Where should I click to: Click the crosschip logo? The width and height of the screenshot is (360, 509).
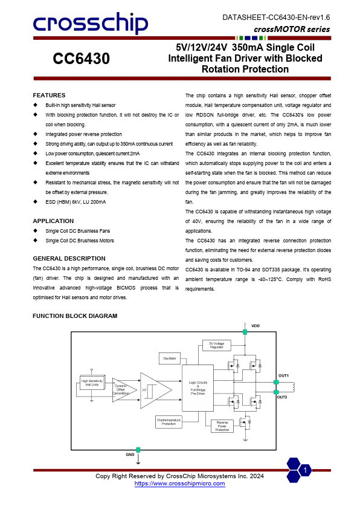click(90, 24)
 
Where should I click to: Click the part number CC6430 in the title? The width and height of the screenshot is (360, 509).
click(81, 59)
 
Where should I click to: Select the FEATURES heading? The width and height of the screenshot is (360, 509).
click(49, 96)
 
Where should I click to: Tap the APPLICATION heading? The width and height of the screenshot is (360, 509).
click(53, 221)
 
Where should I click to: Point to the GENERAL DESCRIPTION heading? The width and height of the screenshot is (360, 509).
click(69, 259)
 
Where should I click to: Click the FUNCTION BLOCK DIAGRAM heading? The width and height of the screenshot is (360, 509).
click(75, 316)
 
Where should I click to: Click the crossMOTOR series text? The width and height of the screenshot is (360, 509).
click(292, 29)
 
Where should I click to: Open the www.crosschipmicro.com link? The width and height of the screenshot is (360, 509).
click(179, 484)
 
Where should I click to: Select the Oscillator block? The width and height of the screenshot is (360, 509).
click(170, 359)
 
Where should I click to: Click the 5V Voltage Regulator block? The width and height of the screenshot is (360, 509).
click(217, 345)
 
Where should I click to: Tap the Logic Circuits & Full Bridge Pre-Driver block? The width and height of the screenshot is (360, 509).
click(198, 387)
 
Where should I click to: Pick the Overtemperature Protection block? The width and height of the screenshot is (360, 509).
click(169, 421)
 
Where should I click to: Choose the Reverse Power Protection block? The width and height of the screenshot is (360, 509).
click(222, 426)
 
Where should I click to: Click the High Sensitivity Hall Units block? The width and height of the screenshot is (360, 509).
click(92, 383)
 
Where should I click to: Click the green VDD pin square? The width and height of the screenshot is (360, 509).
click(245, 332)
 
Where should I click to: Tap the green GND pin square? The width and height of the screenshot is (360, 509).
click(138, 450)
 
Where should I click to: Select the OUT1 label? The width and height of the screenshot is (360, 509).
click(283, 376)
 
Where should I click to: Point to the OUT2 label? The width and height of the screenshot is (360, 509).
click(283, 397)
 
